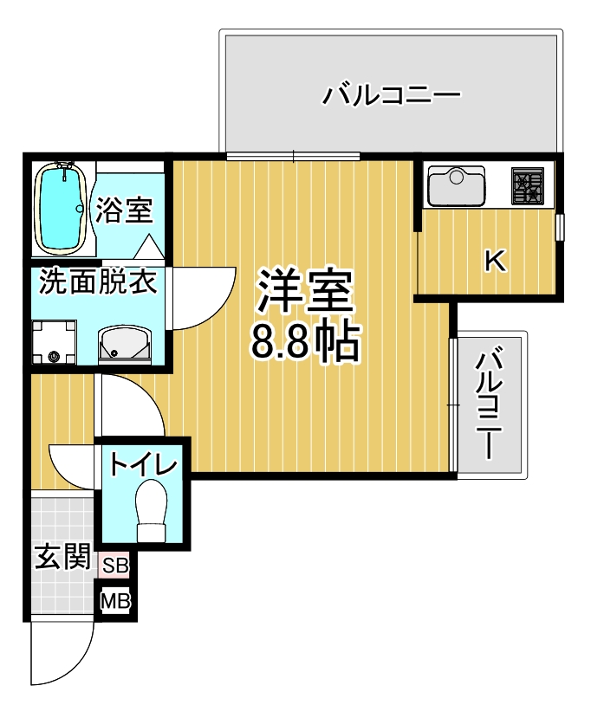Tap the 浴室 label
124,210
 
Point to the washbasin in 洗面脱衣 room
125,343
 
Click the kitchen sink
456,185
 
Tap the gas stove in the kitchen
528,185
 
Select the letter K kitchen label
494,261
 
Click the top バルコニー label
391,94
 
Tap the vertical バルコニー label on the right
490,403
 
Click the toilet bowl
153,509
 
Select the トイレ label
143,465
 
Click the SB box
115,566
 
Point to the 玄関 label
61,556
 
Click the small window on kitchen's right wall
560,227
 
